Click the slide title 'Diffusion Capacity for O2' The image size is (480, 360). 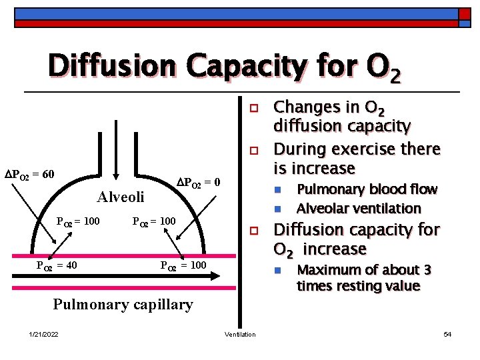coord(225,67)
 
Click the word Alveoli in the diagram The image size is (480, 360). coord(120,197)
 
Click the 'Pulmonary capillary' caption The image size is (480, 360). coord(123,305)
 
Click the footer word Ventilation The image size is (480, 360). coord(240,334)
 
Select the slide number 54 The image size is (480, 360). coord(447,334)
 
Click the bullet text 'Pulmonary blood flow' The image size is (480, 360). coord(367,189)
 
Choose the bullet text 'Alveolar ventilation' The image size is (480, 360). coord(359,208)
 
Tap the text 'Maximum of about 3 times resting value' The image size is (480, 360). coord(364,278)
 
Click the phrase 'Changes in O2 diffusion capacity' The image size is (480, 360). coord(343,116)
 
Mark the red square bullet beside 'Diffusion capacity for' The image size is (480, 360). coord(253,231)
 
